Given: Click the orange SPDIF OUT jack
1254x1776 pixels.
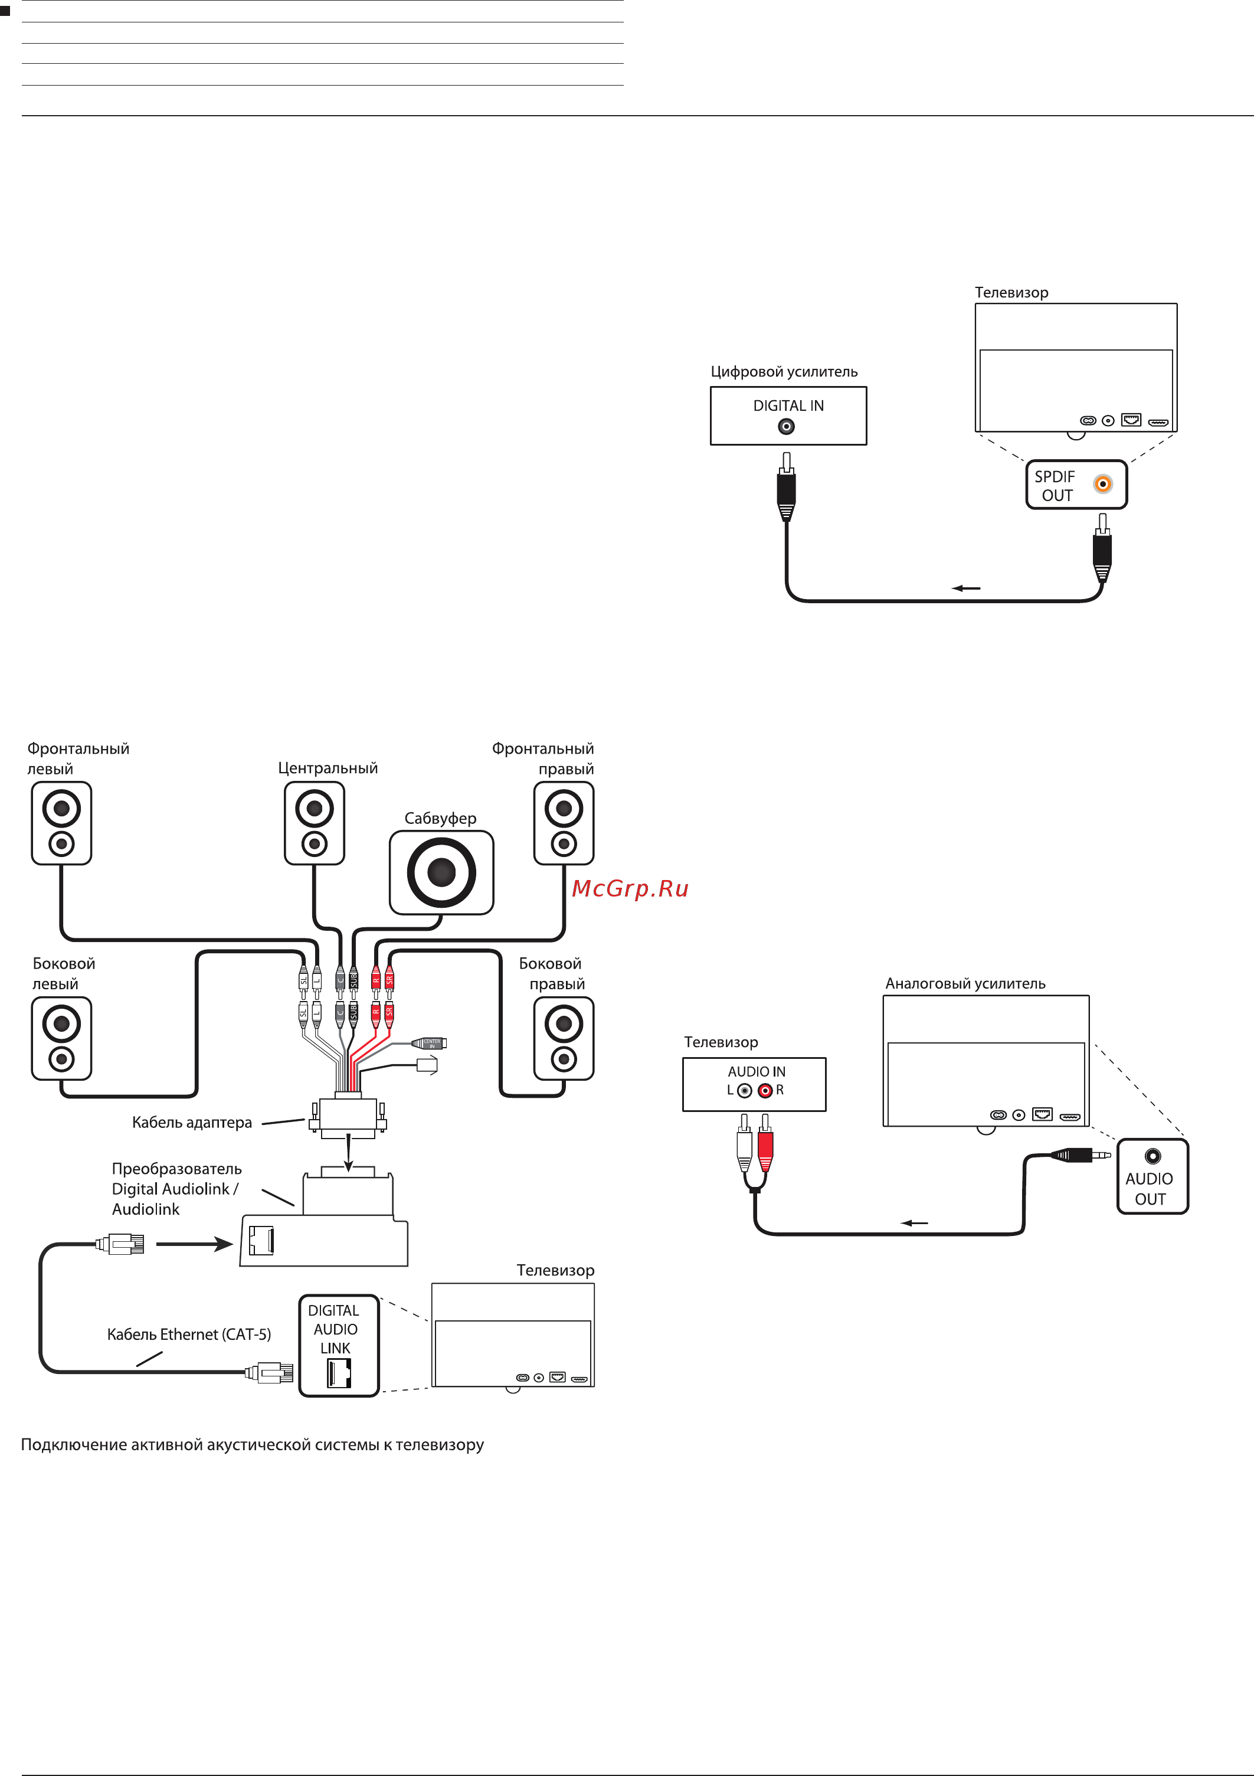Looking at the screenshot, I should pos(1102,484).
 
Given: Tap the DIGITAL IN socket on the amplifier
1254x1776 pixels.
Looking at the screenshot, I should pos(786,426).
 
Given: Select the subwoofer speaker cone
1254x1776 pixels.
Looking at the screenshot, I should pos(441,872).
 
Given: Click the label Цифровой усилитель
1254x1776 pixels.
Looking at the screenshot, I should pos(784,372).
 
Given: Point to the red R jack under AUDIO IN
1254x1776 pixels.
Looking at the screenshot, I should pos(765,1091).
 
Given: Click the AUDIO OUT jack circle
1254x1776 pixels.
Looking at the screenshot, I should pos(1152,1156).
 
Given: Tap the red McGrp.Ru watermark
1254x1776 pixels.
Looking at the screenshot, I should pos(630,889).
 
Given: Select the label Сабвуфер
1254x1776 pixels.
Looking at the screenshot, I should pos(440,819).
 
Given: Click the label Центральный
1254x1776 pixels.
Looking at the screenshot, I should pos(328,768).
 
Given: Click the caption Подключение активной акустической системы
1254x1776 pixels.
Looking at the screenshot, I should pos(252,1445).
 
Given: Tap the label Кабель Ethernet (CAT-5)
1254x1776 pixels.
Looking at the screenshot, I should pos(189,1335).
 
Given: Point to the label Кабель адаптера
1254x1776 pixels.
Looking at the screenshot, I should pos(192,1123).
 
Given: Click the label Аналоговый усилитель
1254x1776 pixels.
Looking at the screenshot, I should pos(965,984).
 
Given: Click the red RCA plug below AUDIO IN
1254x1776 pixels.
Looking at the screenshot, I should pos(765,1146).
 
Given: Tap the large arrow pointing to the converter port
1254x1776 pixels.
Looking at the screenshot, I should pos(194,1244).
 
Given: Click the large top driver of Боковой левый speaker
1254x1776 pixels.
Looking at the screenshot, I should pos(61,1024).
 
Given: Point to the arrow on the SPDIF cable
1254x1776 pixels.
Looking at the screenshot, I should pos(965,588).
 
